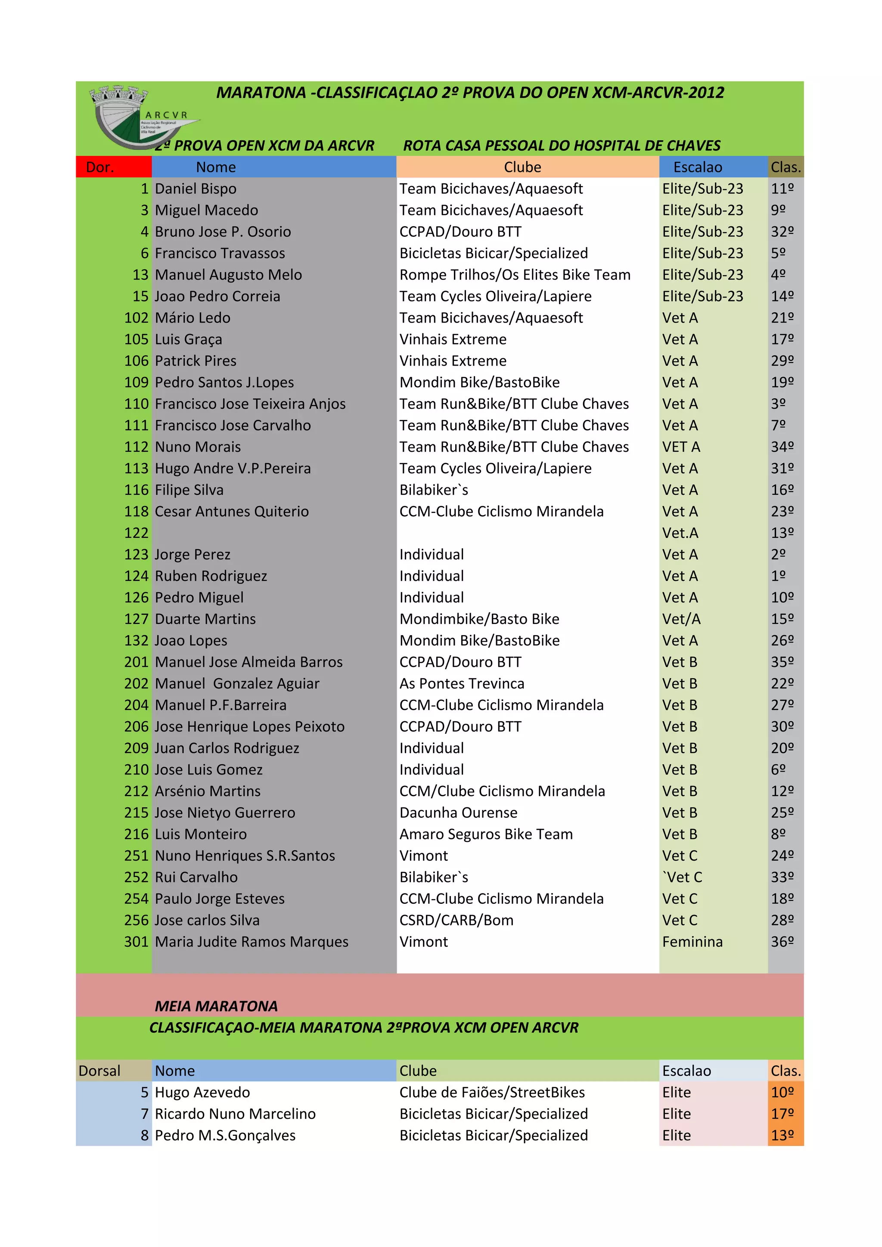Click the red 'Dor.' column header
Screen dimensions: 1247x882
coord(100,167)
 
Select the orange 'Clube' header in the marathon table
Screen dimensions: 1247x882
coord(522,167)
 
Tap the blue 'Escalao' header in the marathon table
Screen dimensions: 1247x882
coord(697,167)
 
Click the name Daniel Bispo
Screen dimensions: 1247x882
coord(196,189)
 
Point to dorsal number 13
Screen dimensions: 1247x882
coord(140,275)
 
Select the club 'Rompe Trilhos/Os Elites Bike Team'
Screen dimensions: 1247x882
coord(515,275)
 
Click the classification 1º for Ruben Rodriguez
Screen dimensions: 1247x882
coord(778,576)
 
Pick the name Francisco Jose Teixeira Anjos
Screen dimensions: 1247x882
coord(250,404)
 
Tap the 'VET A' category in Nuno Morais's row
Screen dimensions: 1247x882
coord(681,447)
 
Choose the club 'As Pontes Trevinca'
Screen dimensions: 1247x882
coord(462,683)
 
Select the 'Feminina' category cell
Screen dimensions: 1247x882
coord(693,942)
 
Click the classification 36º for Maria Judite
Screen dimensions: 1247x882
coord(782,942)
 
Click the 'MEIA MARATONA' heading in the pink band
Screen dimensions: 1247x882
coord(216,1006)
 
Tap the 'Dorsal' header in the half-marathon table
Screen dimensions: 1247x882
coord(99,1071)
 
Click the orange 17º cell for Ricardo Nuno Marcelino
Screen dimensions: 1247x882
coord(782,1114)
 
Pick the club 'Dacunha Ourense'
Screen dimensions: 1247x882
coord(458,813)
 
